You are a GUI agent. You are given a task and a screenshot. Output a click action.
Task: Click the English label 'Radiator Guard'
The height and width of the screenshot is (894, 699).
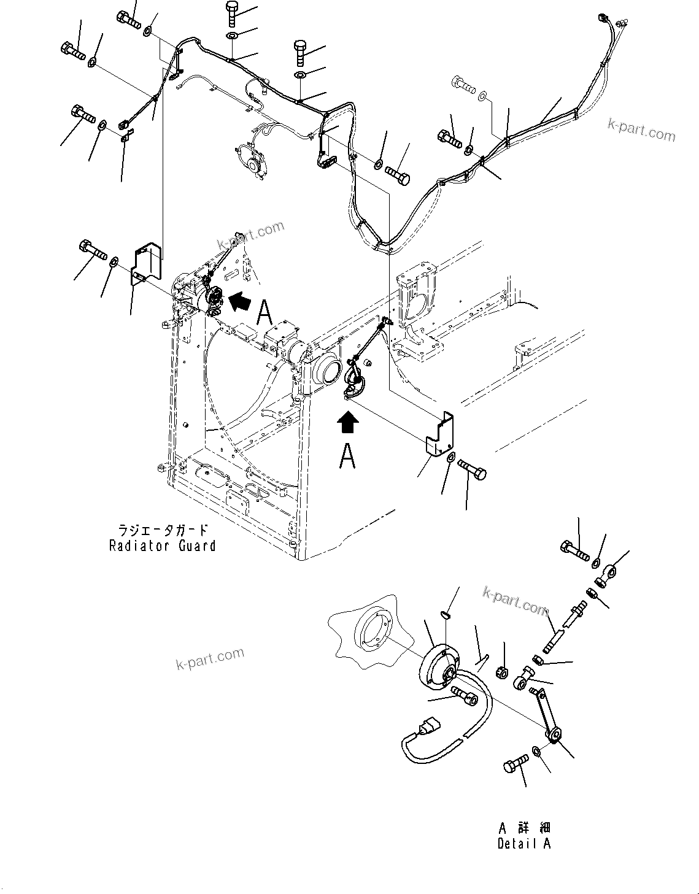point(162,545)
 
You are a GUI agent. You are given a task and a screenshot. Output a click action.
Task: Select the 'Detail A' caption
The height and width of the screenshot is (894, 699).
point(523,844)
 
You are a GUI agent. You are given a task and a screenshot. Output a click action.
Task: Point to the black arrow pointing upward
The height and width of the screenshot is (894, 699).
point(348,423)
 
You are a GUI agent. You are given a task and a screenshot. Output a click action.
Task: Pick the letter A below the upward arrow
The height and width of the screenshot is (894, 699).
point(347,456)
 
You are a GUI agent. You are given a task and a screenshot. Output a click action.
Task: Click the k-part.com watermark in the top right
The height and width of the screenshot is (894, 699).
point(641,129)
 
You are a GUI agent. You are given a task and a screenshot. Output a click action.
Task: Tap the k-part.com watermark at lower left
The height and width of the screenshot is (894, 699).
point(210,659)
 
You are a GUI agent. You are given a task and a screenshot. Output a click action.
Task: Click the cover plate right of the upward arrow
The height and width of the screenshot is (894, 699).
point(441,434)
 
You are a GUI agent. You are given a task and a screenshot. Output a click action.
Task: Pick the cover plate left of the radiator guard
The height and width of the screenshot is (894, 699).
point(147,264)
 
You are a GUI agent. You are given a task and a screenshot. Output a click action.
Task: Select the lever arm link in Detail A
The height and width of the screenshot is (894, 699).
point(546,714)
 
